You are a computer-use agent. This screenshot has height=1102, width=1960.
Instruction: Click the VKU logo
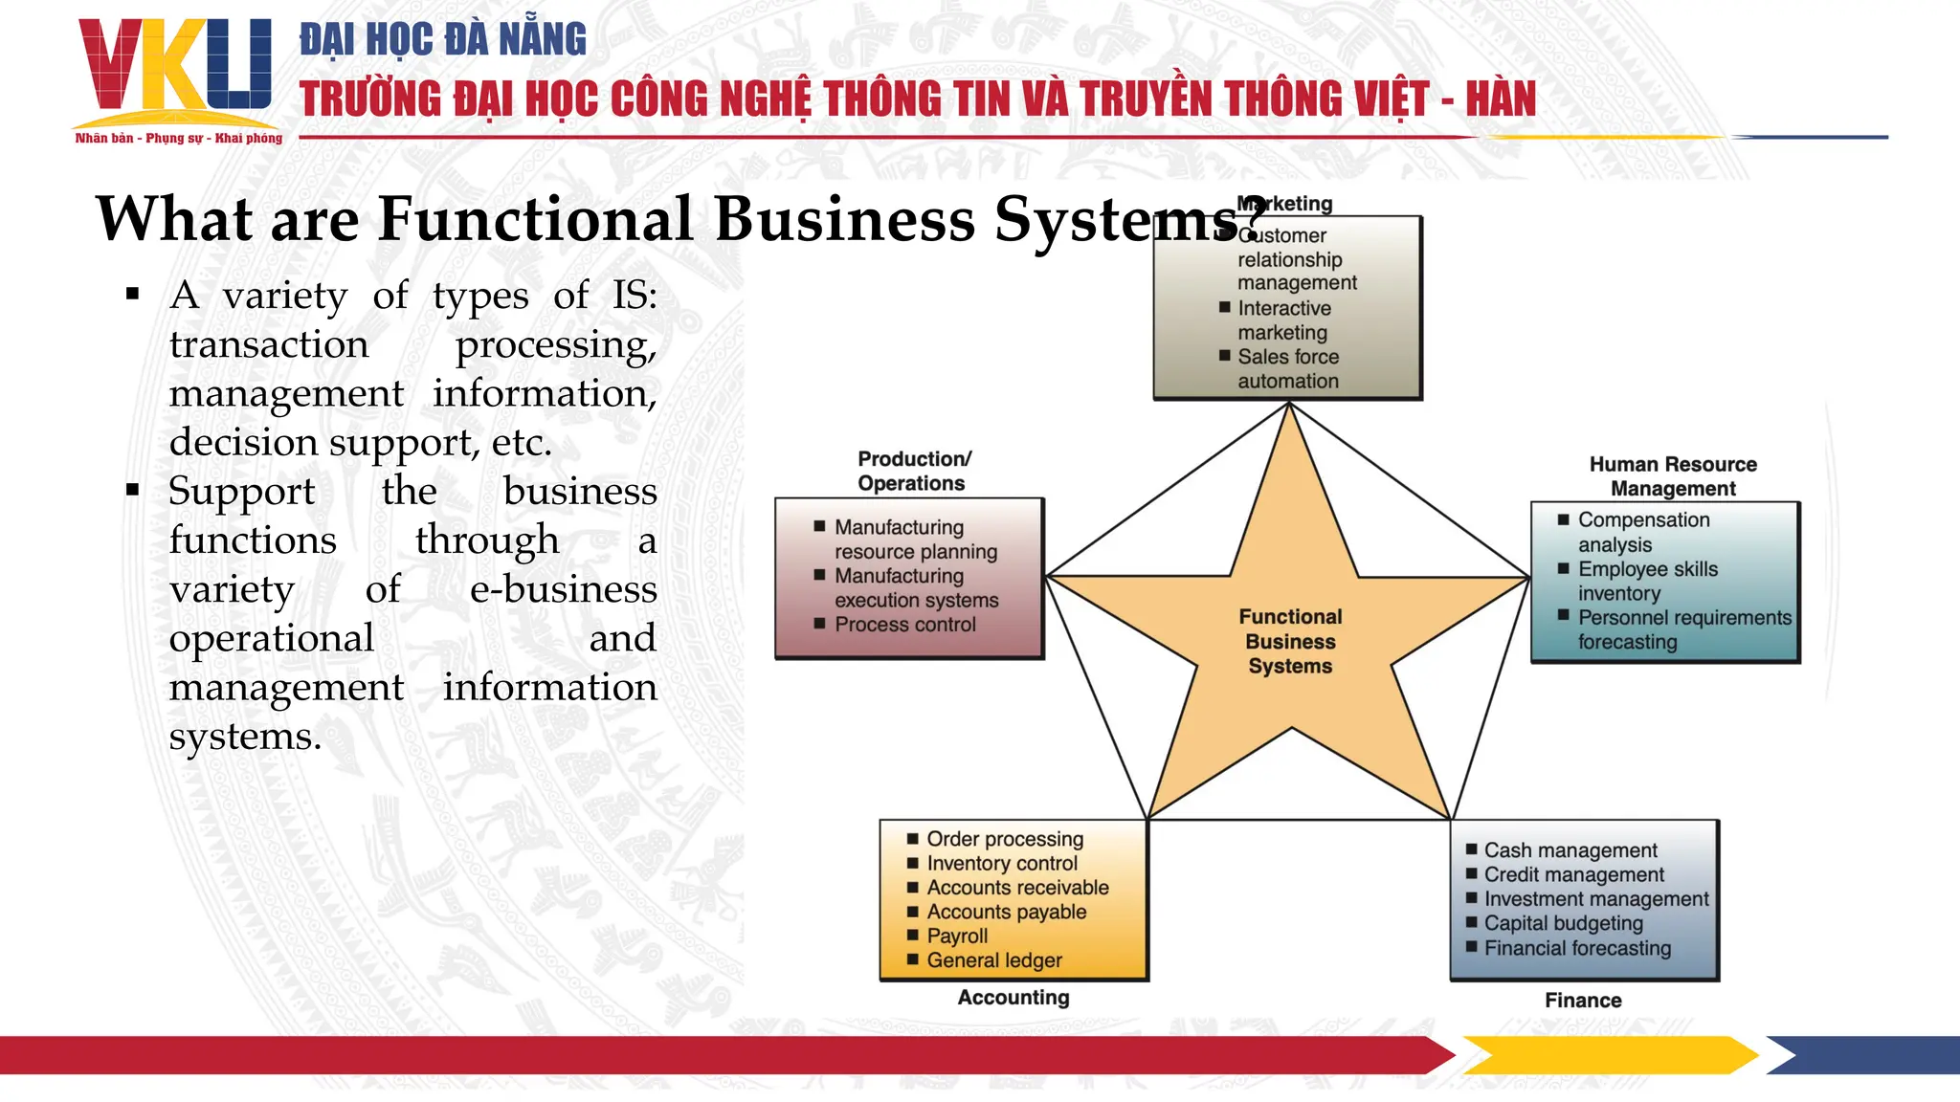coord(176,67)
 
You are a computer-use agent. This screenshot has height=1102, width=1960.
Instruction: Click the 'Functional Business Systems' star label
coord(1290,641)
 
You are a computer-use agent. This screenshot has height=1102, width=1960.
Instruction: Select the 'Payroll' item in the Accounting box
coord(957,936)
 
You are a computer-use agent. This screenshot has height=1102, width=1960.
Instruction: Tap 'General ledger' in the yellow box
coord(994,960)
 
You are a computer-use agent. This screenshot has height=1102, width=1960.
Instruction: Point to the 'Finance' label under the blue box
coord(1583,1001)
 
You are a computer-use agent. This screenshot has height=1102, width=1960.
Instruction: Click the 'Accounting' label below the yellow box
coord(1013,998)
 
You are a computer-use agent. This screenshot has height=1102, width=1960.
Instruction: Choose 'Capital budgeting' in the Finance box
coord(1563,923)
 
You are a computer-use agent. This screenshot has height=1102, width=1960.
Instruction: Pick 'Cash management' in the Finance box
coord(1570,850)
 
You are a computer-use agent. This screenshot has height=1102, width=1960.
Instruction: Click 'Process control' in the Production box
coord(904,625)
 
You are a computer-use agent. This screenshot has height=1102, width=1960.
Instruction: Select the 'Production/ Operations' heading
coord(913,471)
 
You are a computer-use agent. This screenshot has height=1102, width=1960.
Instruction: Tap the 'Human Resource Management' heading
coord(1673,476)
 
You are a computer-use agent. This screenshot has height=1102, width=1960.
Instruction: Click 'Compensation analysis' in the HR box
coord(1642,532)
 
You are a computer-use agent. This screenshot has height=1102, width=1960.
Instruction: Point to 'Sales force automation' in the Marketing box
coord(1288,368)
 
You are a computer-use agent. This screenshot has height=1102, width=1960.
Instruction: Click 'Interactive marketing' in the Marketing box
coord(1283,320)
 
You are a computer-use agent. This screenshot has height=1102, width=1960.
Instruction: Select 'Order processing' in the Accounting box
coord(1005,839)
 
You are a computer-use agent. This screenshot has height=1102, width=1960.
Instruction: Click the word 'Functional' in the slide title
coord(535,219)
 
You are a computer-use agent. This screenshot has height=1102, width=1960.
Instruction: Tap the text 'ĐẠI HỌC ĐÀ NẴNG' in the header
coord(443,39)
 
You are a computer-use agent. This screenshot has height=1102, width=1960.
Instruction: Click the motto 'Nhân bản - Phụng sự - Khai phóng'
coord(179,139)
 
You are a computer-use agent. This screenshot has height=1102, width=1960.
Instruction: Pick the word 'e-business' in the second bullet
coord(563,589)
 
